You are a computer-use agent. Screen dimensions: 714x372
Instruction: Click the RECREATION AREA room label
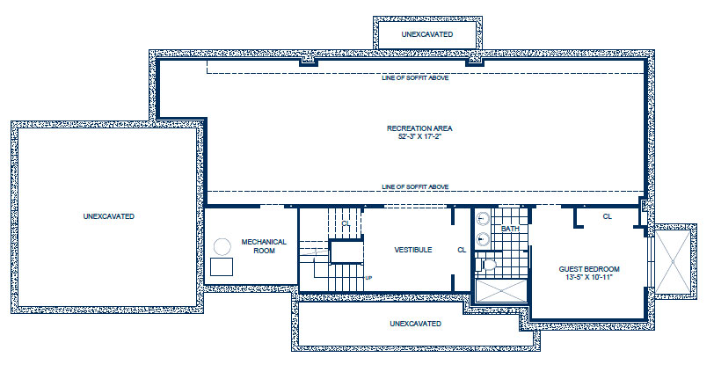(x=419, y=128)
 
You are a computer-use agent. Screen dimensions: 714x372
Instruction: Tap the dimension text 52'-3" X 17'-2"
(x=419, y=136)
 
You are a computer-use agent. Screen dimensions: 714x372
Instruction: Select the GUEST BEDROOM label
(x=589, y=269)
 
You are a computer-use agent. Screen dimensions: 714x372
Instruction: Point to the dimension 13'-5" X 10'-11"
(x=589, y=277)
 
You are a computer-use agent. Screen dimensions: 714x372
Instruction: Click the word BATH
(x=510, y=229)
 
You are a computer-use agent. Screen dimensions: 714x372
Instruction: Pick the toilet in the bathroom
(x=487, y=265)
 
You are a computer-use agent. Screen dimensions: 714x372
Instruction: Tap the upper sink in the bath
(x=483, y=219)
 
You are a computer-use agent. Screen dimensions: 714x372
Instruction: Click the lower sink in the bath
(x=483, y=238)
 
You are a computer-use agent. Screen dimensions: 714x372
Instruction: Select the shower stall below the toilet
(x=501, y=290)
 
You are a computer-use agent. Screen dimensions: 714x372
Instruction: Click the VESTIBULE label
(x=413, y=250)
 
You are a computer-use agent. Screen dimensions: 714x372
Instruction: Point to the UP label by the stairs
(x=368, y=278)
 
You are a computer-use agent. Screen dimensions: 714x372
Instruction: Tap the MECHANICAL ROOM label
(x=264, y=246)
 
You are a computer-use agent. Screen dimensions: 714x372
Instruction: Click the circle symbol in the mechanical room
(x=222, y=247)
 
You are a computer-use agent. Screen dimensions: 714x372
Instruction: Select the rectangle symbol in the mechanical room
(x=222, y=266)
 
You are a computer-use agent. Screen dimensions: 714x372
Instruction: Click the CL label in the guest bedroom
(x=608, y=216)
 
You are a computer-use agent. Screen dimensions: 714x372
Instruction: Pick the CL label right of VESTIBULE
(x=462, y=250)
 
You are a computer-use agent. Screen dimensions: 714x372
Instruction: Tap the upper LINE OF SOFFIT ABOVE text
(x=415, y=78)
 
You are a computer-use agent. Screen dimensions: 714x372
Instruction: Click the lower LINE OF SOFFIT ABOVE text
(x=415, y=187)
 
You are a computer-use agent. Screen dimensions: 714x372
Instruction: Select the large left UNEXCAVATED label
(x=109, y=216)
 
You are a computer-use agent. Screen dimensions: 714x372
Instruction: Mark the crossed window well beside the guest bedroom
(x=673, y=262)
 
